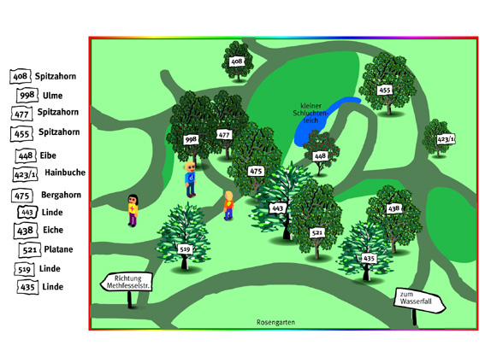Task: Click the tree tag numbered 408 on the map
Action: (x=237, y=61)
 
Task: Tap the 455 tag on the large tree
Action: (x=385, y=91)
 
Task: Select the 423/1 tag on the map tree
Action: (x=446, y=139)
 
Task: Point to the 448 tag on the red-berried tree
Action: (x=320, y=156)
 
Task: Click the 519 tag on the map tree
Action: (x=185, y=249)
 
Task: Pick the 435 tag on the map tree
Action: (x=369, y=258)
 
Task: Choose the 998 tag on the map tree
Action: (x=191, y=139)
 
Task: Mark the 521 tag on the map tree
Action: (x=317, y=232)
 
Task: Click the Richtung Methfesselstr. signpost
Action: (x=127, y=282)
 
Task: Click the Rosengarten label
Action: (x=275, y=322)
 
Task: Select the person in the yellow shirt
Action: (x=133, y=210)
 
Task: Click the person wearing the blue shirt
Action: (x=190, y=179)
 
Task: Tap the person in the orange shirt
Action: (x=228, y=206)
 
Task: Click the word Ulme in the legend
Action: (x=52, y=96)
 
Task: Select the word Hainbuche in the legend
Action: (x=65, y=172)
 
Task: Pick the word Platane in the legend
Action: (x=58, y=249)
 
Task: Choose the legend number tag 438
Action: (x=26, y=231)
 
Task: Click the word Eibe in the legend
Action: (x=48, y=155)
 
